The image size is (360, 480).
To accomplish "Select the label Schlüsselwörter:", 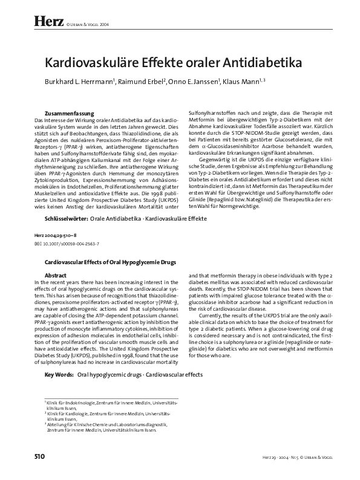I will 67,217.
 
